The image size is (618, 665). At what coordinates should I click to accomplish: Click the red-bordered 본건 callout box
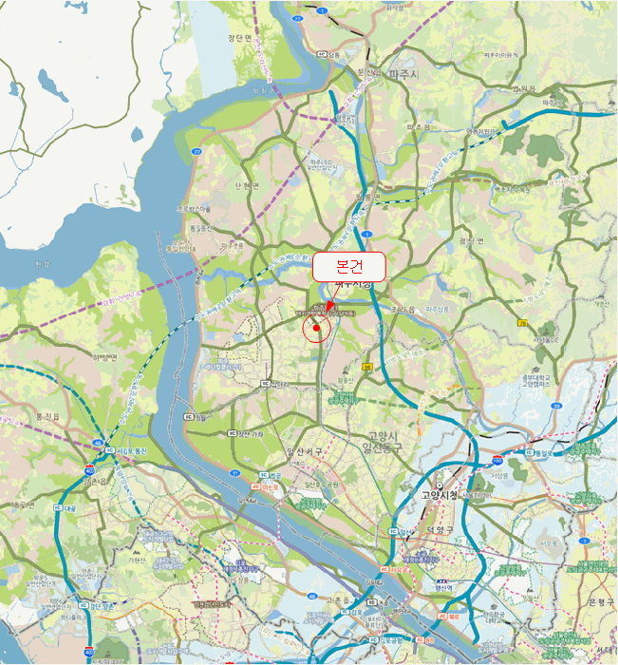[348, 267]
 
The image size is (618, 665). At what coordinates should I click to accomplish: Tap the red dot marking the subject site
[315, 328]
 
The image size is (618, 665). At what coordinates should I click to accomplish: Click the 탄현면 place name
[246, 186]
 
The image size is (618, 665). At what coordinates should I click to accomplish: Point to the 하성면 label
[104, 358]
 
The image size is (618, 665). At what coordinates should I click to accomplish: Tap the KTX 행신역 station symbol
[441, 581]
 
